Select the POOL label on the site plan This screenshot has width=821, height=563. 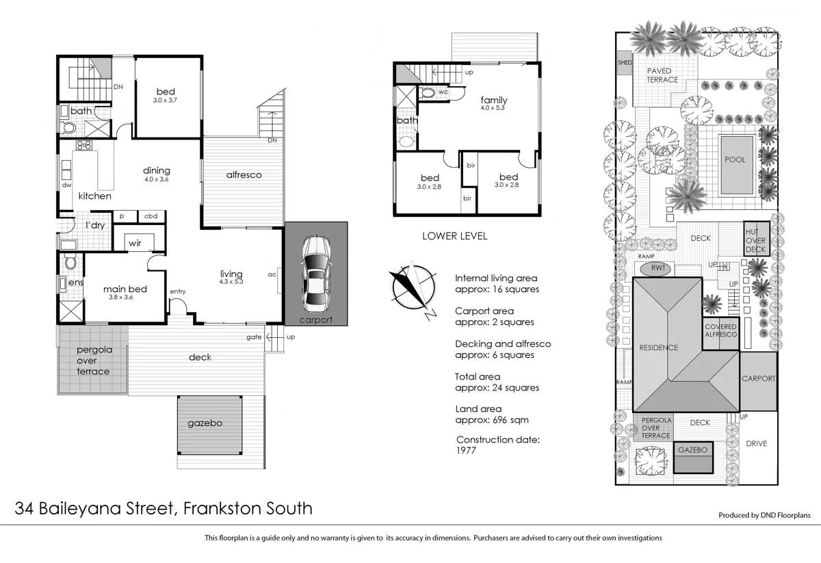pos(735,159)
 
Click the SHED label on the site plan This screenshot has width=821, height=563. pos(625,62)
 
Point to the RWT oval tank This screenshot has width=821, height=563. pos(659,267)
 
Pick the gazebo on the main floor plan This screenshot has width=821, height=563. pos(209,424)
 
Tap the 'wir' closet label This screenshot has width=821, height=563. pos(135,242)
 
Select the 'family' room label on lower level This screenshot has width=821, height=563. pos(493,100)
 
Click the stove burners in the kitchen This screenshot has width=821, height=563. pos(84,145)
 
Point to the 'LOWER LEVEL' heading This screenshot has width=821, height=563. pos(454,236)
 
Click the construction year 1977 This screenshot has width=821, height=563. pos(466,451)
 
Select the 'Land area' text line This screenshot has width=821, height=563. pos(478,409)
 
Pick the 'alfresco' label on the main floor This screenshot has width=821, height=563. pos(244,175)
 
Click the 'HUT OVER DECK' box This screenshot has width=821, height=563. pos(756,240)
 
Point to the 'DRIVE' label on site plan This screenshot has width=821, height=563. pos(756,443)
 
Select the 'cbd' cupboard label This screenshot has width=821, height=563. pos(151,216)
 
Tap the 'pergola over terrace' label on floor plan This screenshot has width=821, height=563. pos(93,361)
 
